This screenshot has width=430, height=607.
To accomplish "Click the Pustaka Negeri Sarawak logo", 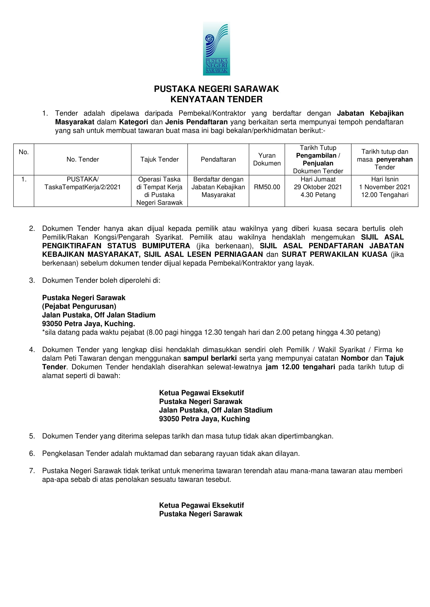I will (216, 49).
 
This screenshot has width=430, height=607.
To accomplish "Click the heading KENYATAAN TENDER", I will (216, 99).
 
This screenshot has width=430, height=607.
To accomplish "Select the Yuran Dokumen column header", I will (267, 159).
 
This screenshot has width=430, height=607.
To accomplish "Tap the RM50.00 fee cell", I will (267, 187).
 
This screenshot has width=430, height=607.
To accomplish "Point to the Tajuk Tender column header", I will (159, 159).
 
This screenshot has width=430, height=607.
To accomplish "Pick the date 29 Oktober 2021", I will (318, 187).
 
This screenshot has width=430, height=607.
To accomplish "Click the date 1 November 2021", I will (385, 187).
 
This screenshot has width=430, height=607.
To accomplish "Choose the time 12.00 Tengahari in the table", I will (385, 195).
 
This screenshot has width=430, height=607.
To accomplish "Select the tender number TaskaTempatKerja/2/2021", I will (83, 187).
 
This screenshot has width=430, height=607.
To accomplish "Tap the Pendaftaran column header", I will (218, 159).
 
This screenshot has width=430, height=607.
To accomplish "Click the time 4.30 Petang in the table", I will (318, 195).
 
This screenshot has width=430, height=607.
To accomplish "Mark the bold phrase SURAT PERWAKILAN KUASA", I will (334, 254).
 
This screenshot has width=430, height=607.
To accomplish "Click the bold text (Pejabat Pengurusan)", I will (79, 306).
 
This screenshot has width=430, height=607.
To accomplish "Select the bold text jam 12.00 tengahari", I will (300, 367).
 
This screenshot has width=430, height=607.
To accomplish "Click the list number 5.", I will (32, 436).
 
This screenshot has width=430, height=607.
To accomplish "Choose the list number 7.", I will (32, 471).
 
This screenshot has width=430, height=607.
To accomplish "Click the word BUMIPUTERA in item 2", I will (166, 246).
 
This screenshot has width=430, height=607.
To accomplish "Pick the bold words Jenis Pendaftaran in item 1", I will (196, 122).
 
